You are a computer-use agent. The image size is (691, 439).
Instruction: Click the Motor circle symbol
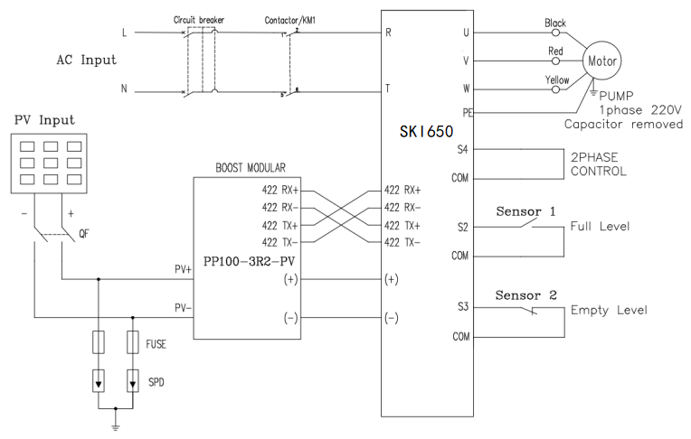tap(602, 63)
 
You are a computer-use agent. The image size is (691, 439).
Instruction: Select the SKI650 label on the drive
tap(426, 131)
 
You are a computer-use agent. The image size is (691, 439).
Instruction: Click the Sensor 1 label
tap(526, 210)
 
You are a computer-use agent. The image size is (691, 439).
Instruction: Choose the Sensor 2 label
tap(526, 295)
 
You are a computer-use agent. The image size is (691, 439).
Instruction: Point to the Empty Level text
tap(609, 310)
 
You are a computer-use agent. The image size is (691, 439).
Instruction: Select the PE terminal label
tap(465, 112)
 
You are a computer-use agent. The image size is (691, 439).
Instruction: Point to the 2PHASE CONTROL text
tap(599, 163)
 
